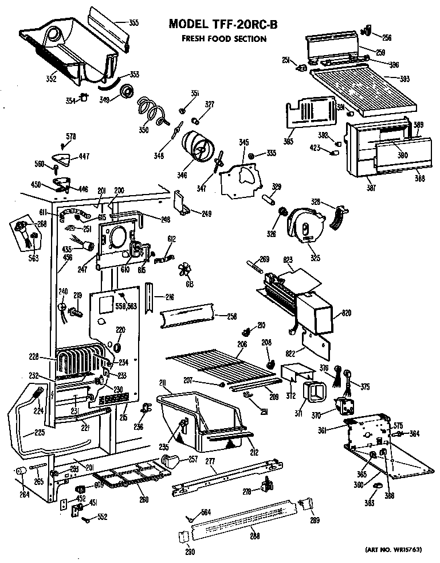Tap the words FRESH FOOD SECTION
tap(223, 39)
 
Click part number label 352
tap(51, 79)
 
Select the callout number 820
tap(347, 313)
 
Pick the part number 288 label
tap(254, 536)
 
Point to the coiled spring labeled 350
tap(151, 110)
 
